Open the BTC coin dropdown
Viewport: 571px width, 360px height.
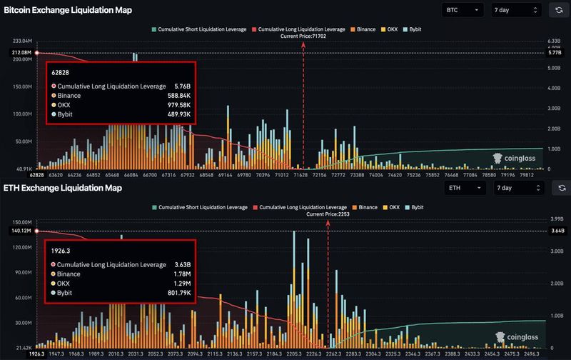point(463,10)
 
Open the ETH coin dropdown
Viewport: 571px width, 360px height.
point(465,188)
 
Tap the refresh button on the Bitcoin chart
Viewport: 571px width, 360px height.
point(557,10)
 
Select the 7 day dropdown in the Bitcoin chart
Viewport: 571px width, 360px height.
point(516,10)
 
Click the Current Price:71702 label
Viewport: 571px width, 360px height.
point(303,36)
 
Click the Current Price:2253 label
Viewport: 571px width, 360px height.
point(328,214)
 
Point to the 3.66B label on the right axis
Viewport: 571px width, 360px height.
point(556,231)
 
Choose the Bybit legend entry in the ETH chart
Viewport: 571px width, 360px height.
point(414,207)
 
